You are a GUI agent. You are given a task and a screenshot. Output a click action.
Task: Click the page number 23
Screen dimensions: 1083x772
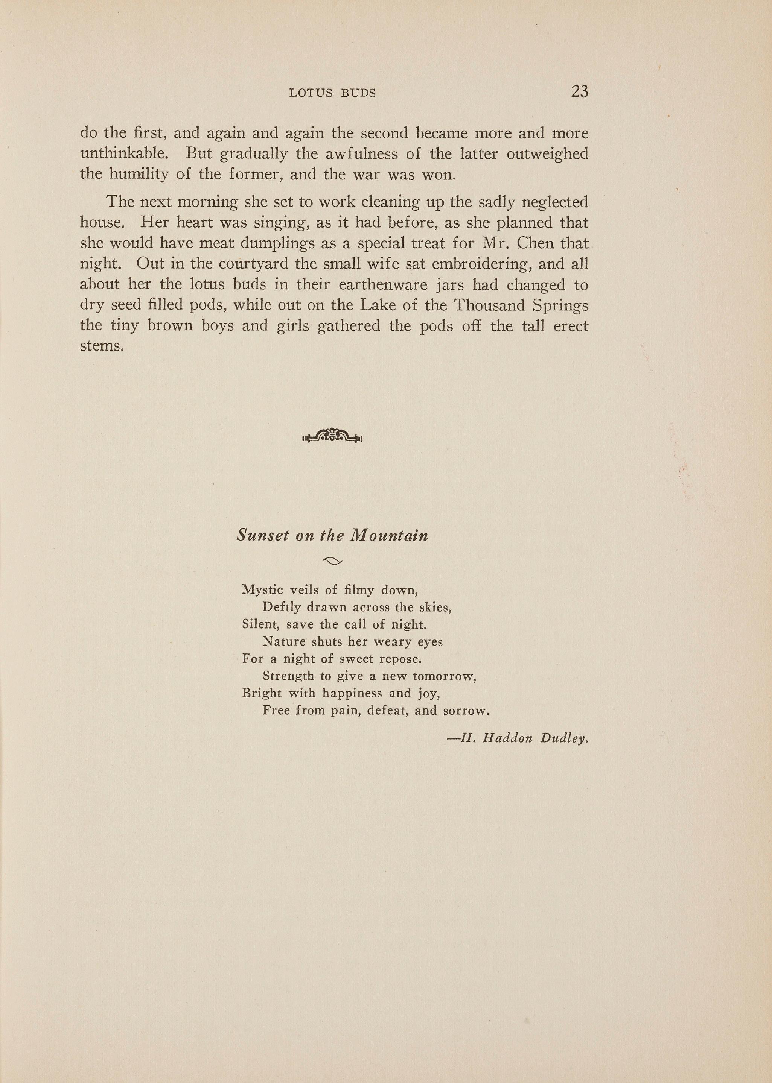[580, 91]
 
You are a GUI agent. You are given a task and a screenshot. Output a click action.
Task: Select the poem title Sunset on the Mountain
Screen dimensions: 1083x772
[332, 535]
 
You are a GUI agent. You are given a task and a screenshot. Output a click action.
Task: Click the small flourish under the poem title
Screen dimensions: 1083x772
[332, 562]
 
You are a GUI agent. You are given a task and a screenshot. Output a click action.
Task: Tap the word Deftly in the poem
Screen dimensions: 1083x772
[282, 608]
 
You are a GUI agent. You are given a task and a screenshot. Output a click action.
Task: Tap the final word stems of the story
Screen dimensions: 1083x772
[101, 346]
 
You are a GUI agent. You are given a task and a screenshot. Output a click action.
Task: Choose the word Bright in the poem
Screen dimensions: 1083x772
[262, 694]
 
